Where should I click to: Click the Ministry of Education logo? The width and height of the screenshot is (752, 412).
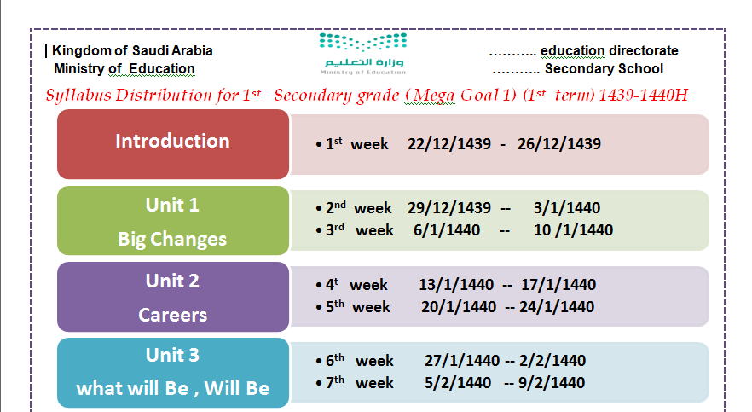(x=363, y=54)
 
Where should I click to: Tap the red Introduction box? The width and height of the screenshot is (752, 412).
(x=173, y=144)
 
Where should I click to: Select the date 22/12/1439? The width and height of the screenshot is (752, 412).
(x=449, y=144)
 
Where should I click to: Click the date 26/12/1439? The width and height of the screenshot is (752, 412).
(x=559, y=144)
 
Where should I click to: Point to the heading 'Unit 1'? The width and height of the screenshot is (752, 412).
(x=172, y=206)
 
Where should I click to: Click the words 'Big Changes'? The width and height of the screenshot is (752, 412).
(x=172, y=239)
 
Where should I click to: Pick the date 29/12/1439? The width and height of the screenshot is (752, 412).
(x=449, y=207)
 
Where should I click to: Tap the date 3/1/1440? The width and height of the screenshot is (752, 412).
(x=567, y=207)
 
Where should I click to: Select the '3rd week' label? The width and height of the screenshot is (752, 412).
(x=360, y=230)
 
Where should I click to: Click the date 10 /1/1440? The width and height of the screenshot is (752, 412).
(x=573, y=230)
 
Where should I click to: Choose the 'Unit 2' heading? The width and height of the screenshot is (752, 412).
(x=172, y=281)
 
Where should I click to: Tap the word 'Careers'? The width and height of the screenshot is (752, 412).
(x=172, y=315)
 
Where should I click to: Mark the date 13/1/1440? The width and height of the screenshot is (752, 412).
(x=456, y=284)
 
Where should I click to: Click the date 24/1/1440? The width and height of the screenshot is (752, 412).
(x=557, y=307)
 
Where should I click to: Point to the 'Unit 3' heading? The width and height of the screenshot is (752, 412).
(x=172, y=356)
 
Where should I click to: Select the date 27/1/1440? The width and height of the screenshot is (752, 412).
(x=462, y=360)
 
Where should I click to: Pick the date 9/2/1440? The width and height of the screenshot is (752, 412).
(x=552, y=383)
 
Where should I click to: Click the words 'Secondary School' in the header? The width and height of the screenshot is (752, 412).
(x=604, y=69)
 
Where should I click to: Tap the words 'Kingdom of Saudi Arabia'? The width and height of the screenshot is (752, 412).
(x=132, y=51)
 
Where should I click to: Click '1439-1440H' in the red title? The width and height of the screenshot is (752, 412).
(x=643, y=95)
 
